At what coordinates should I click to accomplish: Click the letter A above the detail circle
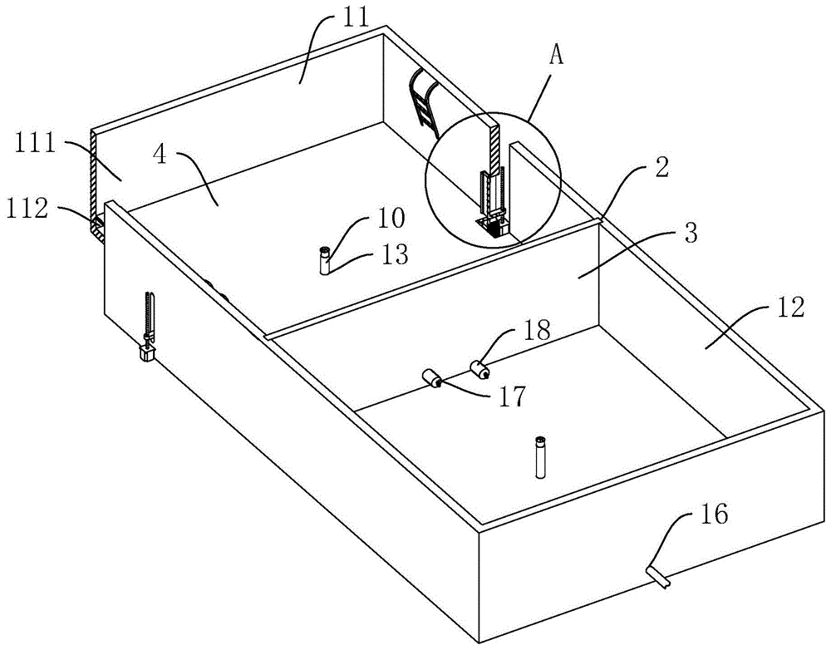pyautogui.click(x=556, y=55)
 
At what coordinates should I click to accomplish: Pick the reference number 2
pyautogui.click(x=661, y=167)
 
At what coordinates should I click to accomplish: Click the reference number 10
pyautogui.click(x=391, y=218)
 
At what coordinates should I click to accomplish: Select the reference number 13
pyautogui.click(x=394, y=255)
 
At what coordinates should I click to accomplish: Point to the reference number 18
pyautogui.click(x=535, y=330)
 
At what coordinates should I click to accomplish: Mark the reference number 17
pyautogui.click(x=511, y=396)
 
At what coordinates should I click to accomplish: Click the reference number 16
pyautogui.click(x=713, y=514)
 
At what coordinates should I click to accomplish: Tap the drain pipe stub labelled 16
pyautogui.click(x=657, y=576)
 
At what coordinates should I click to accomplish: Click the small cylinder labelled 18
pyautogui.click(x=479, y=369)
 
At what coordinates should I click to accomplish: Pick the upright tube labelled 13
pyautogui.click(x=324, y=260)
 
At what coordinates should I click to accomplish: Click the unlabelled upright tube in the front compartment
pyautogui.click(x=540, y=456)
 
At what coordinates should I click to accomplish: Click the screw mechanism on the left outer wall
pyautogui.click(x=147, y=326)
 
